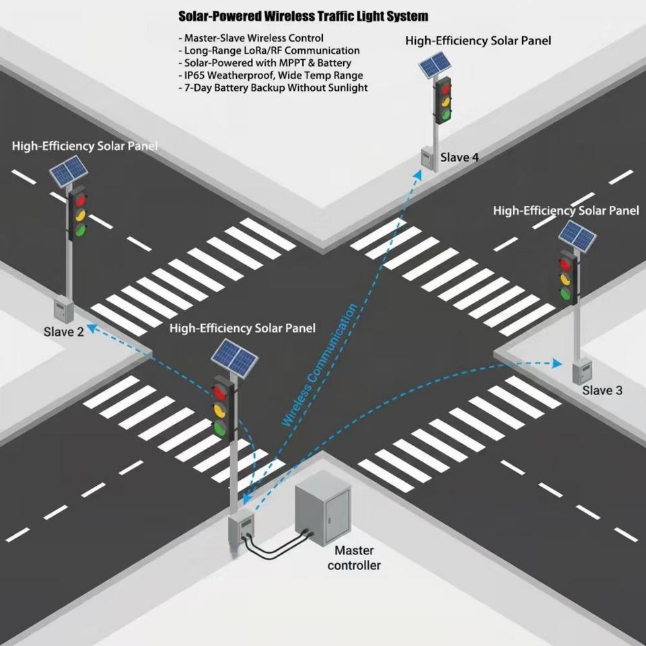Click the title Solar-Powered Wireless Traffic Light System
tap(303, 16)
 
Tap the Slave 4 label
tap(460, 157)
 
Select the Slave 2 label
tap(63, 332)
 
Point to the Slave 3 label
tap(602, 390)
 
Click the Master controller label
tap(354, 558)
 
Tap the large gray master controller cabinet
tap(324, 507)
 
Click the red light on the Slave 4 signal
tap(443, 87)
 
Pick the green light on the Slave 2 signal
tap(80, 230)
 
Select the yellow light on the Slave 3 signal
tap(565, 279)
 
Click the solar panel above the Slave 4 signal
tap(435, 65)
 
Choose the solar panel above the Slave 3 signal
tap(577, 236)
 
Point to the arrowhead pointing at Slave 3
tap(557, 363)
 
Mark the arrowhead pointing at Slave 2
tap(92, 328)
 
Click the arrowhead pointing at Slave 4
tap(418, 175)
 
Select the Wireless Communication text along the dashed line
tap(319, 365)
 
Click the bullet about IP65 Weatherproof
tap(271, 75)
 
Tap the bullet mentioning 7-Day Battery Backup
tap(273, 87)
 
